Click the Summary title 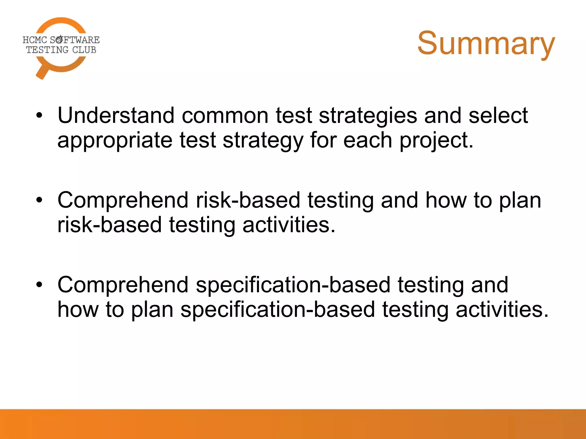pyautogui.click(x=486, y=43)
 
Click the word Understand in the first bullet pyautogui.click(x=116, y=115)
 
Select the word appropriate pyautogui.click(x=115, y=141)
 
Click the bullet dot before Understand pyautogui.click(x=39, y=115)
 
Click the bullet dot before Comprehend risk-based pyautogui.click(x=39, y=200)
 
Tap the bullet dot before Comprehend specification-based pyautogui.click(x=39, y=285)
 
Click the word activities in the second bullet pyautogui.click(x=289, y=225)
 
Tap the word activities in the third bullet pyautogui.click(x=502, y=310)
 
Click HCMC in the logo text pyautogui.click(x=35, y=40)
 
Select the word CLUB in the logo pyautogui.click(x=84, y=50)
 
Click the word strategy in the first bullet pyautogui.click(x=263, y=141)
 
